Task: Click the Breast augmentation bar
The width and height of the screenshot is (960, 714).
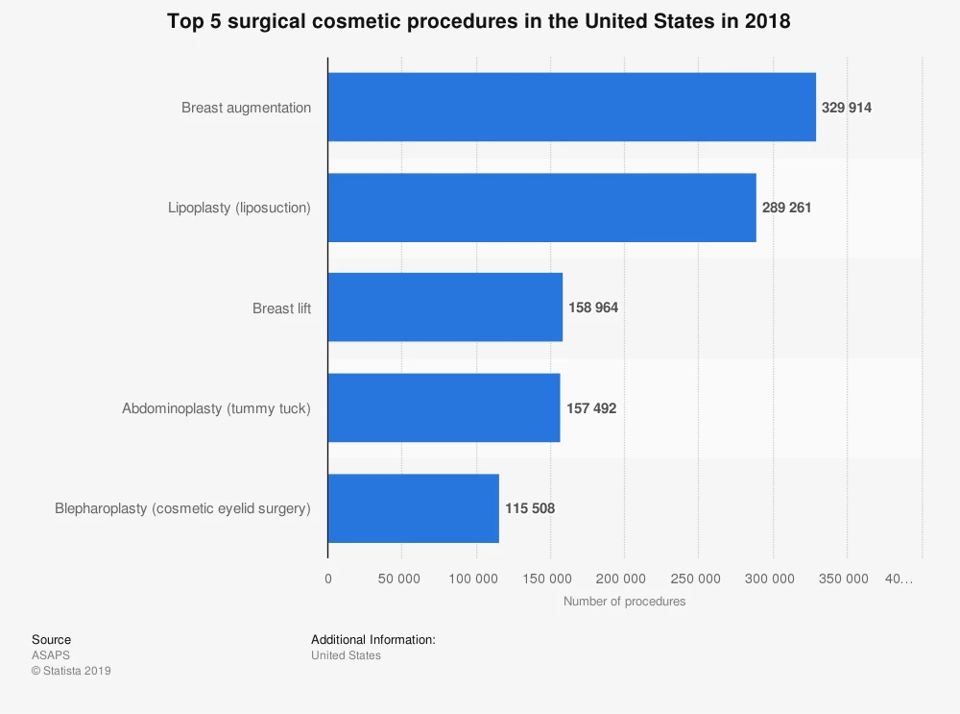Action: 571,108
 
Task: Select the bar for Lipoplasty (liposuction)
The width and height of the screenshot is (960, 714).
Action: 541,208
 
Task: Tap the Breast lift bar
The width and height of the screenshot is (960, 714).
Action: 444,308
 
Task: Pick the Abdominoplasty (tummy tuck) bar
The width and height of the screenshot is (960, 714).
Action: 444,407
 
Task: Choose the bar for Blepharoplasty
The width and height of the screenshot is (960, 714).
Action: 413,508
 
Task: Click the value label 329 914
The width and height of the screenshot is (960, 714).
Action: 847,108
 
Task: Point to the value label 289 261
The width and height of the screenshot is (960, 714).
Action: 787,208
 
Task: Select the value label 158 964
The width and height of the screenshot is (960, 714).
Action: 593,308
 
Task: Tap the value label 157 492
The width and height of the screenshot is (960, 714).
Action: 591,408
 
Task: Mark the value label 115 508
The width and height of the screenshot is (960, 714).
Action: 530,508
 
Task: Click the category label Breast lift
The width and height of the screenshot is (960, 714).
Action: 281,308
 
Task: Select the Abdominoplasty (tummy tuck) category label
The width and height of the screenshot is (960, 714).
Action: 216,408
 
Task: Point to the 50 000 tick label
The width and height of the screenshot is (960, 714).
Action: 401,579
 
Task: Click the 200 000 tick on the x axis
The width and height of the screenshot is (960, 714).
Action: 624,579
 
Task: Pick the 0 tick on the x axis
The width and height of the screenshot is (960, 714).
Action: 328,579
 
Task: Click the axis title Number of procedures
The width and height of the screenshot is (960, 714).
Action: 624,602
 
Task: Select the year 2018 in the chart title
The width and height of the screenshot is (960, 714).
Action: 767,21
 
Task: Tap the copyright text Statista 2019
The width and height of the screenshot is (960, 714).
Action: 71,671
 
